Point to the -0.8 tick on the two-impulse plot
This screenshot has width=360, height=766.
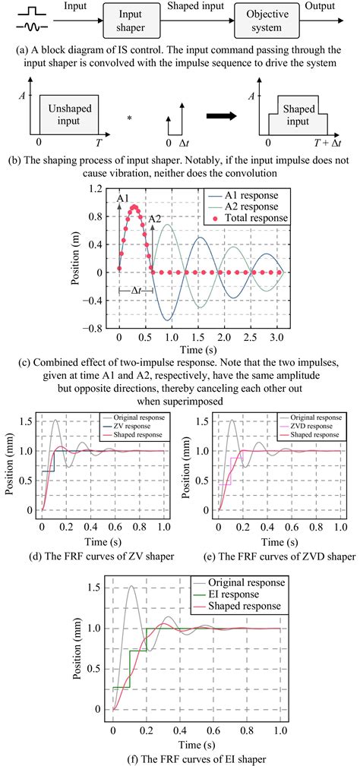pos(99,329)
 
